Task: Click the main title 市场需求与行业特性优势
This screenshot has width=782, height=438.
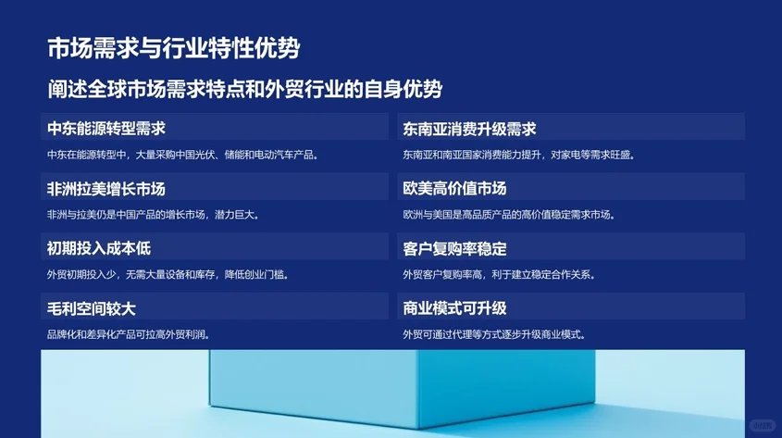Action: click(173, 48)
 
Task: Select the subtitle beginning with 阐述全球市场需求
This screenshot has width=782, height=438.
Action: click(245, 90)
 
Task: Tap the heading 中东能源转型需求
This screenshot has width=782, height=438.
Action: click(106, 128)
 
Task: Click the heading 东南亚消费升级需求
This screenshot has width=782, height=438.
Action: click(470, 128)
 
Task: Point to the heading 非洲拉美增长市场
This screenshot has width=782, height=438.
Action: click(106, 188)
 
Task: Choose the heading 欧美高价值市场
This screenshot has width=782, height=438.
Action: click(455, 188)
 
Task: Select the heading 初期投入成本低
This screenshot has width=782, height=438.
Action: click(99, 248)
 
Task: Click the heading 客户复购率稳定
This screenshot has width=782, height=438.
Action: click(455, 248)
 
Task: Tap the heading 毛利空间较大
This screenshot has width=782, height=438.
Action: click(92, 308)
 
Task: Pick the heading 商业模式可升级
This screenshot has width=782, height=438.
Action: click(455, 308)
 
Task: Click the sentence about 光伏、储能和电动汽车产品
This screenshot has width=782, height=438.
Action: click(182, 155)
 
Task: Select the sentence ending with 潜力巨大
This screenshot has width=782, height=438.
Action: click(153, 215)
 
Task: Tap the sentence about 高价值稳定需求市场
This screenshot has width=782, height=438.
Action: click(508, 215)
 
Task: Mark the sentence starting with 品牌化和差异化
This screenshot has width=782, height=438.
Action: click(128, 334)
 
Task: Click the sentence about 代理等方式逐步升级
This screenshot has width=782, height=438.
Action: click(494, 334)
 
